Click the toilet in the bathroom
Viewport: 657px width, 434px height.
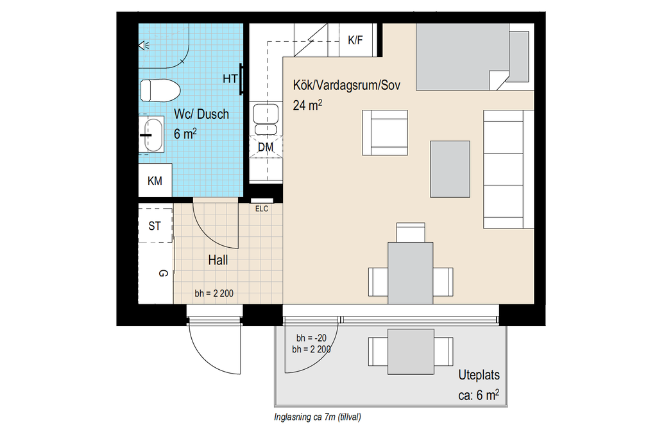[x=160, y=91]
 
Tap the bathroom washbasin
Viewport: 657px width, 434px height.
[x=153, y=135]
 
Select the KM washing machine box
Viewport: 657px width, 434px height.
[x=155, y=180]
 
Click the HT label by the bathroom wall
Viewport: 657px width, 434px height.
[x=230, y=78]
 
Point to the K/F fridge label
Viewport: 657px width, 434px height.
[x=355, y=40]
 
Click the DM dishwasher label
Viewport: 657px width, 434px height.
[x=266, y=147]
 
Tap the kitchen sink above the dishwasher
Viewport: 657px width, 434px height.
[x=266, y=119]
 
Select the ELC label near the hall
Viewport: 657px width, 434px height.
[x=262, y=209]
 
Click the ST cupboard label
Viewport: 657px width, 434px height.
[x=155, y=226]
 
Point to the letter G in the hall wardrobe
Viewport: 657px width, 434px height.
[x=164, y=273]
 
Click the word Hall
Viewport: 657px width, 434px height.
[x=218, y=261]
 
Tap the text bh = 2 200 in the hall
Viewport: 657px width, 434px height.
[x=214, y=293]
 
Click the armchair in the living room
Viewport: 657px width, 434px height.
[x=385, y=133]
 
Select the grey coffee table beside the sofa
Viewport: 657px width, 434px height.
[x=450, y=169]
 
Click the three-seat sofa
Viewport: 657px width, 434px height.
[x=508, y=169]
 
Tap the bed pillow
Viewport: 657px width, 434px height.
[x=518, y=56]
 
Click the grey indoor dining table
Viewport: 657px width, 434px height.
[x=411, y=273]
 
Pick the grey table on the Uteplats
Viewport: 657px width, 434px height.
[x=411, y=352]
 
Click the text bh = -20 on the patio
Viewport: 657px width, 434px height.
[x=311, y=338]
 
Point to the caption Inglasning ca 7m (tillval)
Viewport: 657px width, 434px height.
[x=318, y=417]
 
